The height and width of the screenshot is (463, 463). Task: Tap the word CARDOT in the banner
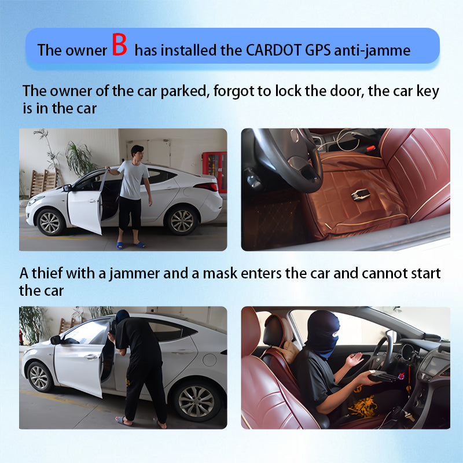pos(274,50)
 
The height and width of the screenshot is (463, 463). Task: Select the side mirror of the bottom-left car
pos(56,340)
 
